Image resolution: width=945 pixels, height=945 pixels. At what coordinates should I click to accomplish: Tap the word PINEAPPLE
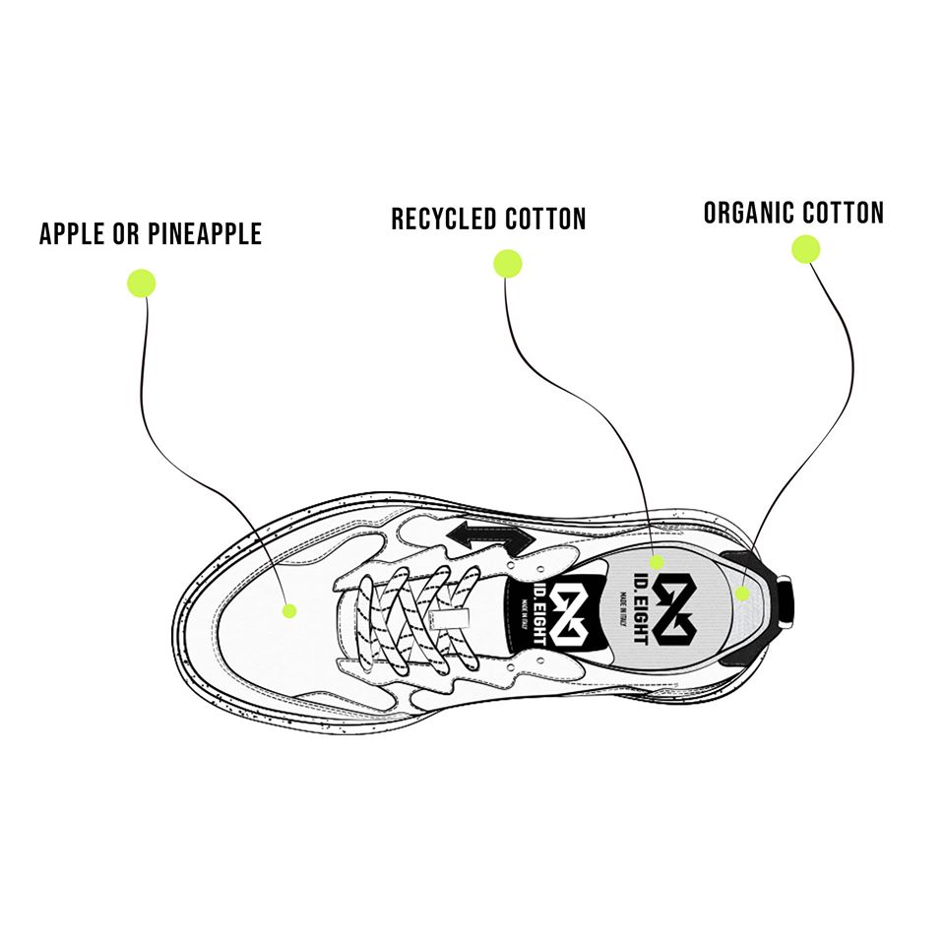point(207,234)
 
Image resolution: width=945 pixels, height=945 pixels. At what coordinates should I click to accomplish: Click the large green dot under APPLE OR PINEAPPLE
point(142,283)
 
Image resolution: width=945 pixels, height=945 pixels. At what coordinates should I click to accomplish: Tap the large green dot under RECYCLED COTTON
point(508,263)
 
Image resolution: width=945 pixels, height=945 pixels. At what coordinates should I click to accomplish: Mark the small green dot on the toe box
point(289,610)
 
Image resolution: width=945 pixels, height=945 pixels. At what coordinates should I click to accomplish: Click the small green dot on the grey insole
point(657,562)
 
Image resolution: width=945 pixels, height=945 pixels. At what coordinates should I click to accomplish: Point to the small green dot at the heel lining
point(743,593)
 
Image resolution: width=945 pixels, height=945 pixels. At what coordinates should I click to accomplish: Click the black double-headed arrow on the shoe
point(489,538)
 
